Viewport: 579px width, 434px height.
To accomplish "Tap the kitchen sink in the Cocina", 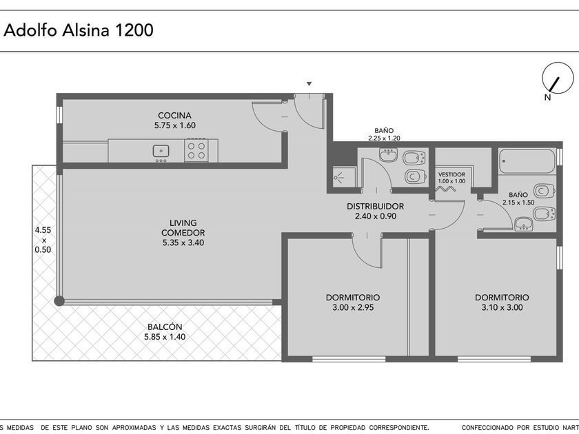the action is tap(161, 151).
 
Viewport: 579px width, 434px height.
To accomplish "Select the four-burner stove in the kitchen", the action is tap(196, 150).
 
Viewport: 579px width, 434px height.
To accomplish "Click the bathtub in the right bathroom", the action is tap(527, 161).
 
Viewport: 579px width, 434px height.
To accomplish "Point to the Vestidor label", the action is tap(451, 174).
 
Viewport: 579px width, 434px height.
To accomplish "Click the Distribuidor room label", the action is tap(375, 206).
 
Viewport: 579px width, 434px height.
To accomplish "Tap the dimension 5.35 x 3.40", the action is tap(183, 242).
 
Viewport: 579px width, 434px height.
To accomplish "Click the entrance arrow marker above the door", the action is tap(309, 84).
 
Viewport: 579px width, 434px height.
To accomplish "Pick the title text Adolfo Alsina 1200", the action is tap(79, 30).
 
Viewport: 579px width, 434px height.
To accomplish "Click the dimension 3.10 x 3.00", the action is tap(502, 307).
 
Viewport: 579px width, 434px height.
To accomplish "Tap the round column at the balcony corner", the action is tap(59, 301).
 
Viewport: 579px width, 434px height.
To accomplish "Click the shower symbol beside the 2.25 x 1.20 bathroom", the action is tap(339, 178).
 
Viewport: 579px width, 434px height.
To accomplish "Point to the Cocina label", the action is tap(174, 116).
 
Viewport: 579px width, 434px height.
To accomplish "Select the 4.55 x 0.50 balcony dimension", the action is tap(43, 240).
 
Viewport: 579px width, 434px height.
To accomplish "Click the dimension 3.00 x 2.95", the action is tap(353, 307).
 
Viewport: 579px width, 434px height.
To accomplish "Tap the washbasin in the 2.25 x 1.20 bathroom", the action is tap(389, 155).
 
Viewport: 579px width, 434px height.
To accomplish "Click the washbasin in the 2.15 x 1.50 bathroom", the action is tap(524, 225).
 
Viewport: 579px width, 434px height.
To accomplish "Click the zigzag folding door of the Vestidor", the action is tap(446, 189).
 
